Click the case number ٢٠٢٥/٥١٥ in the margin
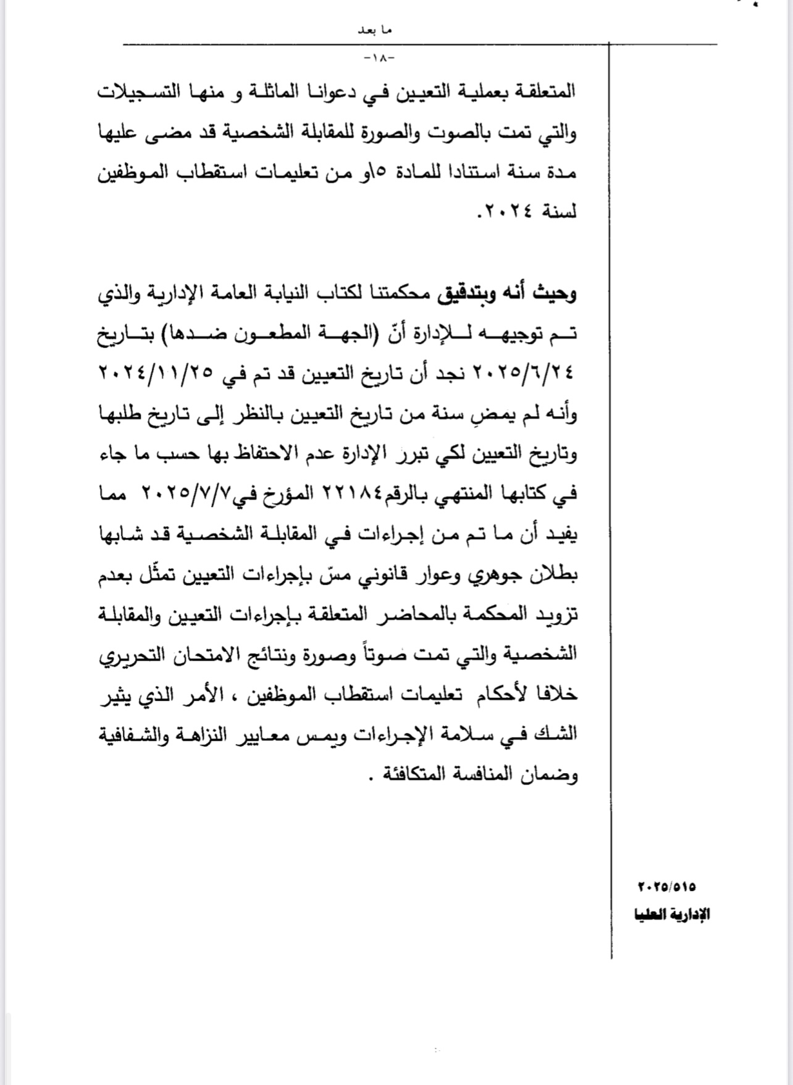666,887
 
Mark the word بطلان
553,574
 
